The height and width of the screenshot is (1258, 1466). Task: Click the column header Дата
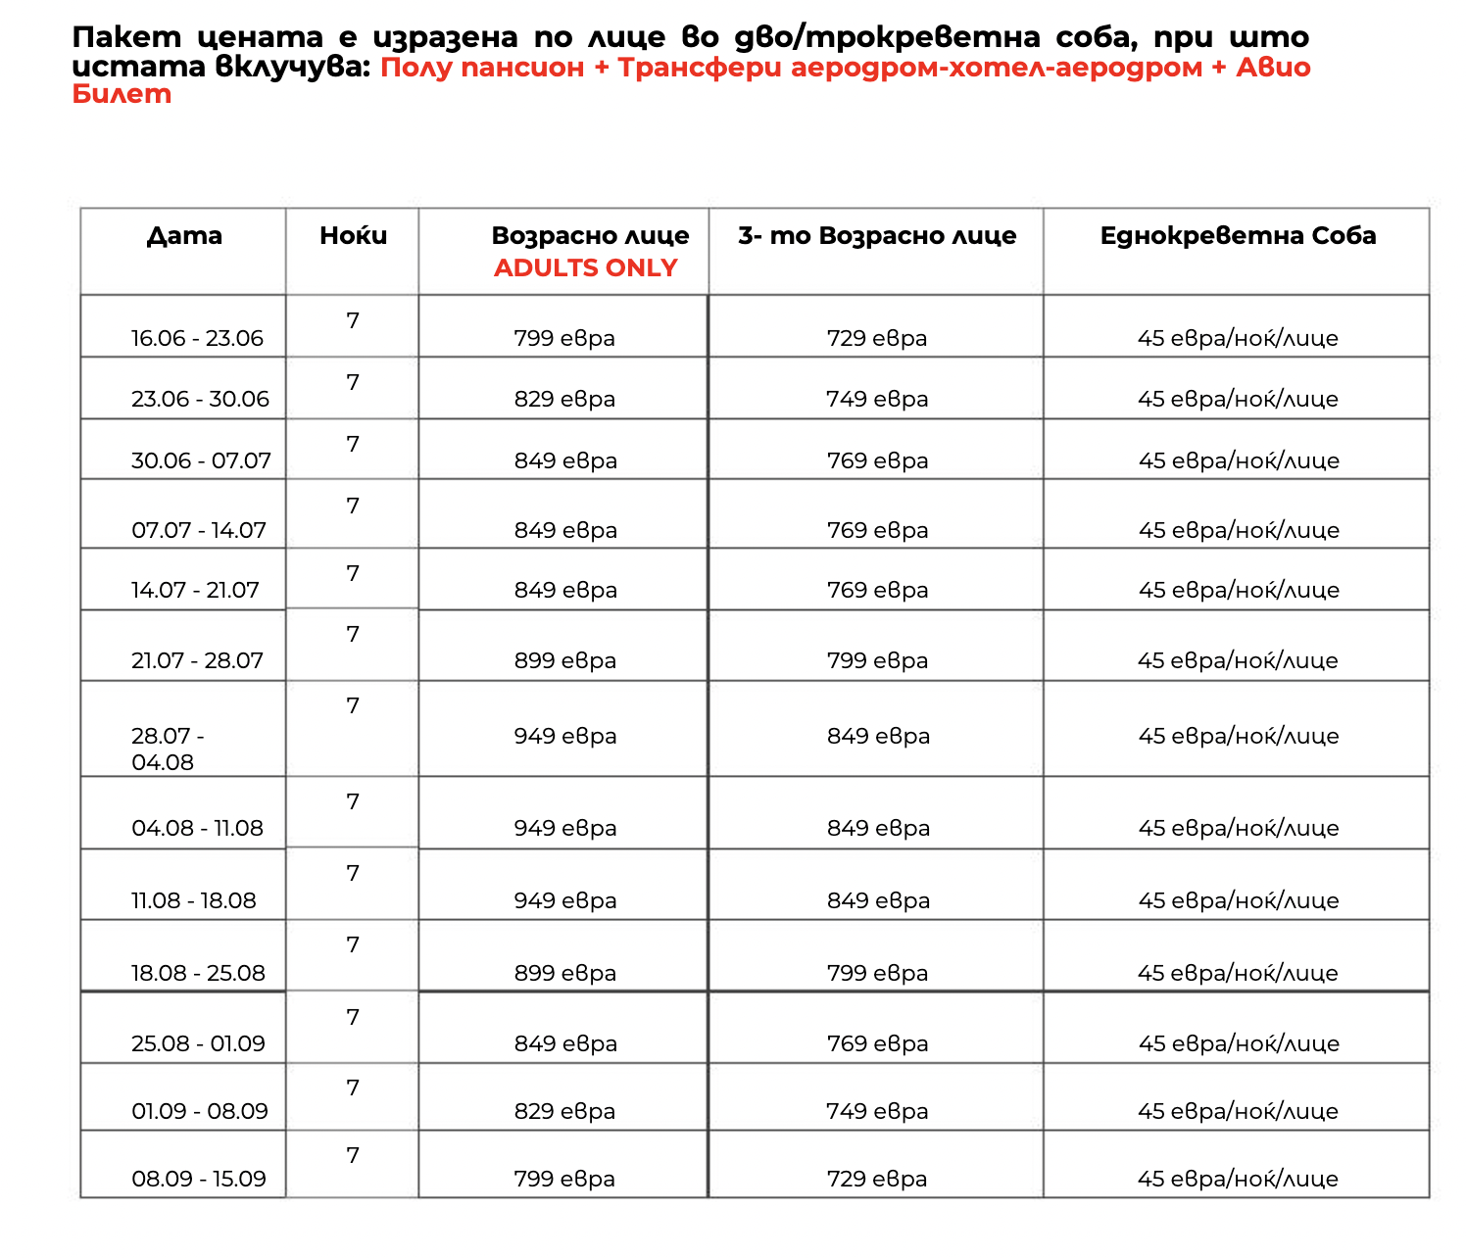coord(184,236)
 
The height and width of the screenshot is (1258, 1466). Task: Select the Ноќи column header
coord(353,236)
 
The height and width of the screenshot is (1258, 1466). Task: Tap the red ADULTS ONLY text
coord(585,268)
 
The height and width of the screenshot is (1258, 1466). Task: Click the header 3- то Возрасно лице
coord(877,236)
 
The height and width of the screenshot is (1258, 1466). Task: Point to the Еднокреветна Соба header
coord(1238,236)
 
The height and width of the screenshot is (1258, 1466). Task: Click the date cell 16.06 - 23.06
coord(197,339)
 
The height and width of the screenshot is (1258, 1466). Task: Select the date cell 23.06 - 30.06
coord(200,400)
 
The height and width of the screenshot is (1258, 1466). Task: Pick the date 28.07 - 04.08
coord(168,749)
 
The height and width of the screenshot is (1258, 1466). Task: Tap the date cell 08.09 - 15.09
coord(199,1179)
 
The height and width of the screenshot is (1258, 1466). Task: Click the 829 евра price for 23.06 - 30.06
coord(564,400)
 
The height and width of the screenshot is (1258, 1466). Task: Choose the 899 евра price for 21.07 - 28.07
coord(564,661)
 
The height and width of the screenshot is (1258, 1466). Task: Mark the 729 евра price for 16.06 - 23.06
coord(876,339)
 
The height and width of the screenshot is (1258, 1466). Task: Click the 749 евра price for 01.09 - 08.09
coord(876,1112)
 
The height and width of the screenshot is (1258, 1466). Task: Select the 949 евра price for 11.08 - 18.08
coord(565,901)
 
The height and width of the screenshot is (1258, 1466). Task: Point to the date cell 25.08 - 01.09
coord(198,1044)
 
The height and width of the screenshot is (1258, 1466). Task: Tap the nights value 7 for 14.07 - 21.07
coord(353,574)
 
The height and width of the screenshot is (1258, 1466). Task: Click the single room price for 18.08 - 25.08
coord(1237,974)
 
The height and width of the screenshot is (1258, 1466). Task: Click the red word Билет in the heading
coord(122,94)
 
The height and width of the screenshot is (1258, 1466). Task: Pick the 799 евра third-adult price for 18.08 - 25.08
coord(876,974)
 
